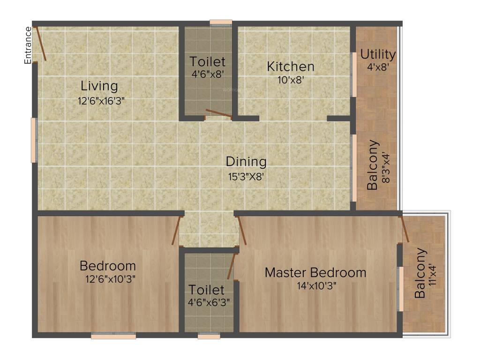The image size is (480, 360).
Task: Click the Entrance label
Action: tap(28, 45)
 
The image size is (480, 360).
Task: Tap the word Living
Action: tap(99, 86)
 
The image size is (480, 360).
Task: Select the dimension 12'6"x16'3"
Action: tap(101, 100)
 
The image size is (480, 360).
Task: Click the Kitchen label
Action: tap(291, 66)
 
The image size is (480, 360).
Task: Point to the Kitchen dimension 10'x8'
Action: tap(292, 80)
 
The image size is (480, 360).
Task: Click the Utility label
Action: tap(378, 54)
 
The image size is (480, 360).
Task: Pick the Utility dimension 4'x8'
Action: tap(378, 67)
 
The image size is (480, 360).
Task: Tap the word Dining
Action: tap(246, 162)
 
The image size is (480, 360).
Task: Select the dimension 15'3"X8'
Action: tap(246, 177)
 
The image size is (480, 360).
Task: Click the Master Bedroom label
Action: tap(315, 272)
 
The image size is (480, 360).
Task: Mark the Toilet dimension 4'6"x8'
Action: tap(208, 74)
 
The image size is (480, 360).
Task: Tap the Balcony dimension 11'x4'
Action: tap(432, 274)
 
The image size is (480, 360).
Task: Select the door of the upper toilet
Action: tap(218, 113)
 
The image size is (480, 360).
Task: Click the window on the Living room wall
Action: tap(34, 140)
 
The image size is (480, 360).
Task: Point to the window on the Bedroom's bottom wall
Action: tap(113, 336)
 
